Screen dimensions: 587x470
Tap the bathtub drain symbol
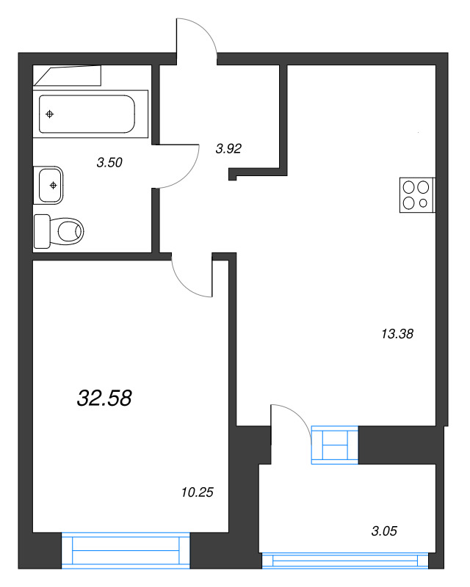coord(49,114)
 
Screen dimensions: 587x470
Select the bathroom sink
coord(50,185)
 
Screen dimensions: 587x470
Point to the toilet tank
coord(42,232)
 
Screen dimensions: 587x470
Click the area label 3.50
coord(109,163)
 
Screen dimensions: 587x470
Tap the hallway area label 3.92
coord(228,148)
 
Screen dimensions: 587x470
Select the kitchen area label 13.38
coord(397,334)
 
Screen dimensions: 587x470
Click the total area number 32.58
coord(104,398)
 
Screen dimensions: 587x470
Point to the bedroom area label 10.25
coord(196,492)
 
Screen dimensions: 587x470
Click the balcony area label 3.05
coord(383,531)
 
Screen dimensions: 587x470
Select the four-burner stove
coord(417,195)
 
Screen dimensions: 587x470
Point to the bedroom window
coord(126,550)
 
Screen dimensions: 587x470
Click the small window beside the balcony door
coord(335,445)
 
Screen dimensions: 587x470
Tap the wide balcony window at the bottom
coord(345,561)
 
